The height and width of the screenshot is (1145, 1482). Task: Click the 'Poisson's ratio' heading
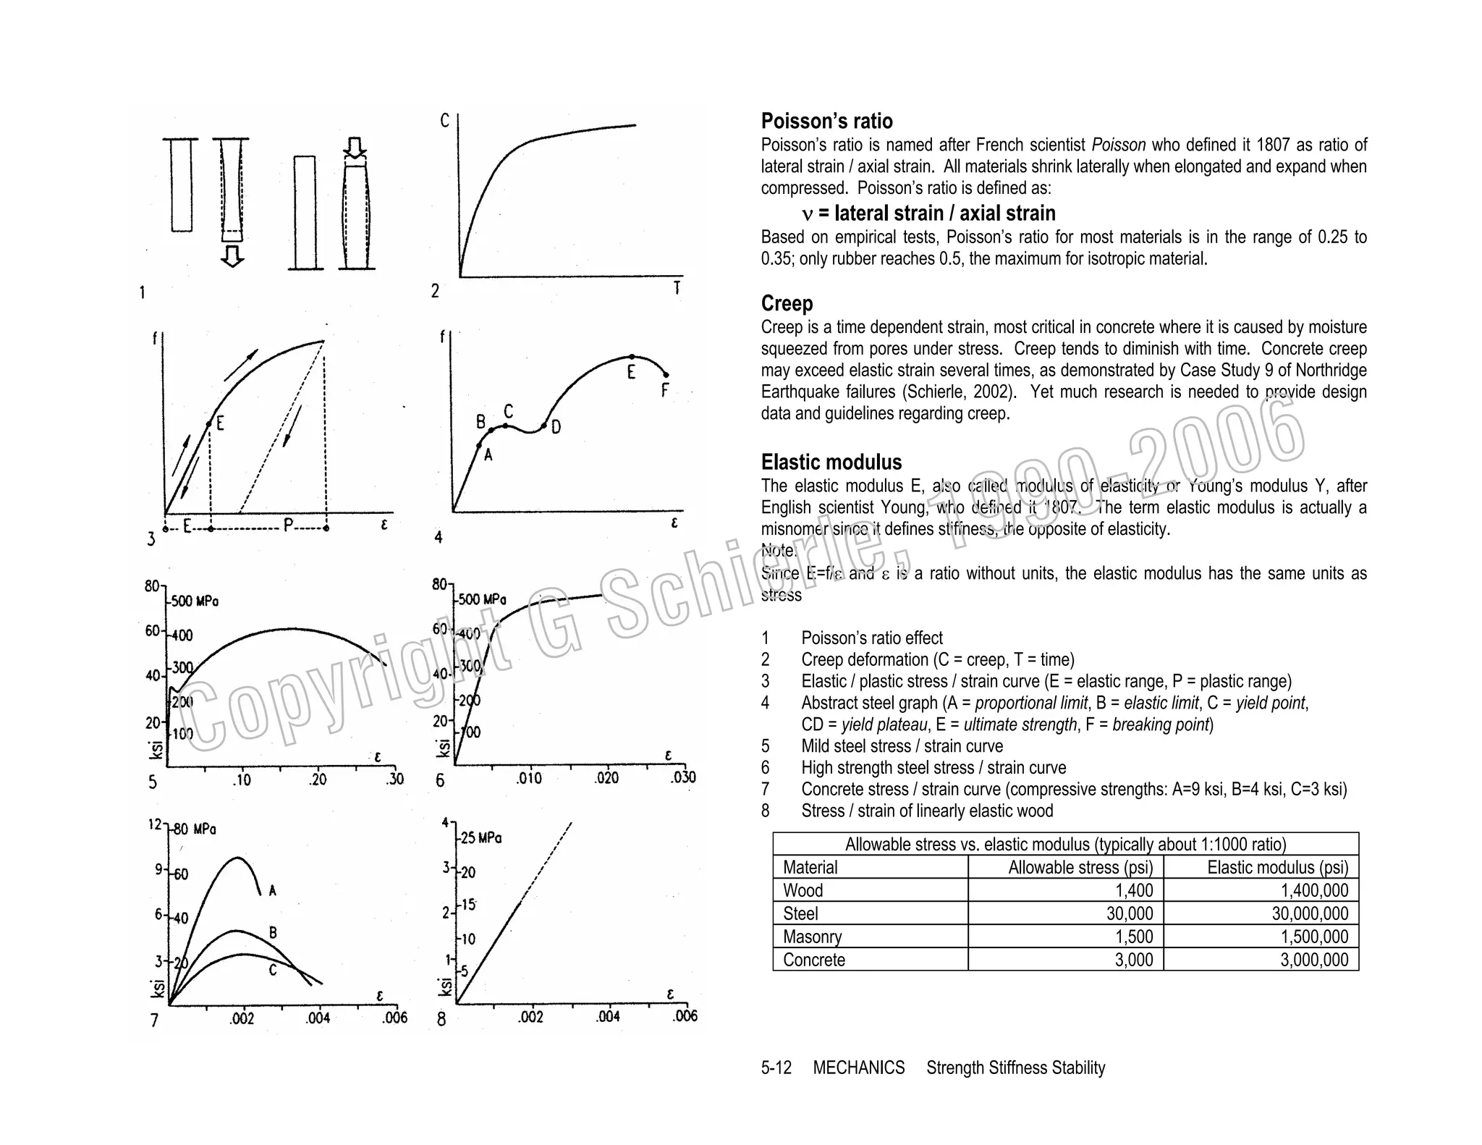tap(826, 121)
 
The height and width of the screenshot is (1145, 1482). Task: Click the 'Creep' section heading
tap(787, 303)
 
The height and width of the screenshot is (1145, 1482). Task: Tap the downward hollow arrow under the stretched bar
tap(232, 256)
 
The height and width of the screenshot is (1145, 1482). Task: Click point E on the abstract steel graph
tap(632, 357)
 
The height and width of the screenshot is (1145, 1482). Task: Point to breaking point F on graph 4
tap(666, 375)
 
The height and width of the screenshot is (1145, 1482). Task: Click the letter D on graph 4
tap(556, 428)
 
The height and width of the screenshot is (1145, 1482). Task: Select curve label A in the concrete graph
tap(272, 891)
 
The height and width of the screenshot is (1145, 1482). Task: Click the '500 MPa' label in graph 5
tap(195, 601)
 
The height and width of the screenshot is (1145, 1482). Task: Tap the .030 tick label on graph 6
tap(682, 778)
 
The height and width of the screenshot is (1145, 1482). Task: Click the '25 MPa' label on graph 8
tap(481, 838)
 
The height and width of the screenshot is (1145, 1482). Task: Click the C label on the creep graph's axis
tap(445, 121)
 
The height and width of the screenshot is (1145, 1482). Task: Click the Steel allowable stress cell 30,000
tap(1130, 913)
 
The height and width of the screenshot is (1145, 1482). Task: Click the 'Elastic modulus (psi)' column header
tap(1277, 867)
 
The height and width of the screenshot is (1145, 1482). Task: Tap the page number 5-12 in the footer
tap(776, 1068)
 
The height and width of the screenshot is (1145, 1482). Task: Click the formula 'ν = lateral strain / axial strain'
tap(928, 214)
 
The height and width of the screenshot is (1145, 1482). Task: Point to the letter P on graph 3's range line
tap(289, 526)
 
